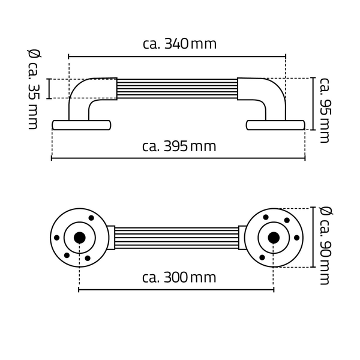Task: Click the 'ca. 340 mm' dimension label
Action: (x=179, y=44)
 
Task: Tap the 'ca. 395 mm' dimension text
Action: (x=179, y=146)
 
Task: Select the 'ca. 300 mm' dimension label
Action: (x=179, y=278)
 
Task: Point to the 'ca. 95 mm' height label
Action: (x=325, y=110)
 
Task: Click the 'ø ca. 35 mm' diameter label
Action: (x=34, y=89)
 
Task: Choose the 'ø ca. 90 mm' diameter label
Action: (x=325, y=245)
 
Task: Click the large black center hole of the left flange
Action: (x=80, y=238)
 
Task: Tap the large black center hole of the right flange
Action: (x=274, y=238)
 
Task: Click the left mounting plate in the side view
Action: (x=82, y=125)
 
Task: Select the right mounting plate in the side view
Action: (x=275, y=125)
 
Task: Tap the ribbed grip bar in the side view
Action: (x=177, y=89)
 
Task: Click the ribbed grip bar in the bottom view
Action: (x=176, y=238)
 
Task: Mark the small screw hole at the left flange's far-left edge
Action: (x=56, y=238)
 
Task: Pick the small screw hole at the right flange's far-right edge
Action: (x=296, y=238)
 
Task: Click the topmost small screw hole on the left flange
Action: (x=91, y=218)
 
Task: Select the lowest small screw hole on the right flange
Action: (x=262, y=257)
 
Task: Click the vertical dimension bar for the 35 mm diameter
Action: (x=49, y=89)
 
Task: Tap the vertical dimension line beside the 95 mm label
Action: (x=313, y=104)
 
